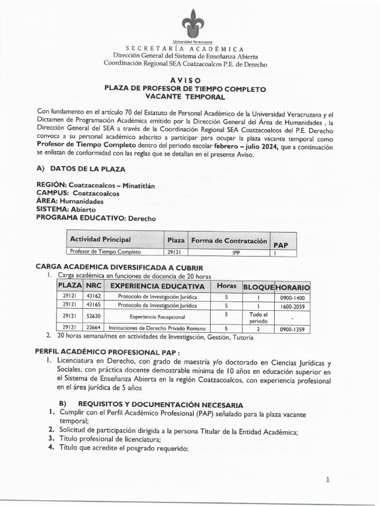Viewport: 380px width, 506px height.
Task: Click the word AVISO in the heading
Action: click(186, 80)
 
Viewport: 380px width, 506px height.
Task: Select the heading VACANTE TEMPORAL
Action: click(185, 97)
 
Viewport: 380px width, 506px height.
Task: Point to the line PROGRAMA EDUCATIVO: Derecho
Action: click(96, 218)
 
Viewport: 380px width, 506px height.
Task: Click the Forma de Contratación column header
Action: click(229, 241)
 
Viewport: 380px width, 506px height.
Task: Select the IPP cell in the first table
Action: click(229, 252)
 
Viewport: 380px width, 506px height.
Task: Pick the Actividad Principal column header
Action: click(100, 240)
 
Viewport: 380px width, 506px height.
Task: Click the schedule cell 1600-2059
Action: click(292, 306)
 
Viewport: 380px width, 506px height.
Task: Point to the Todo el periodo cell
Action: click(258, 317)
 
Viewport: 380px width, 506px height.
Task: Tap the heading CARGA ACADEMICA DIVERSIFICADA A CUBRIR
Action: click(117, 266)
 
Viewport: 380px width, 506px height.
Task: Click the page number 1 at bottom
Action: click(328, 479)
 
